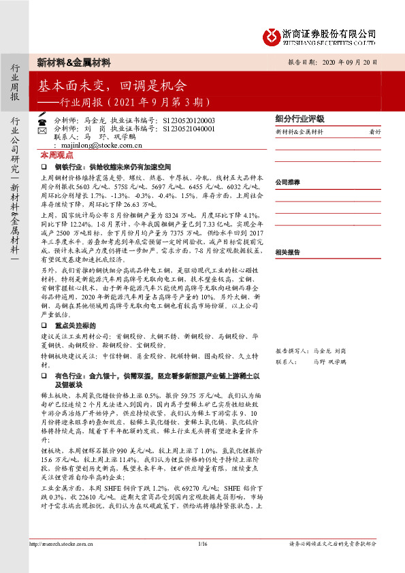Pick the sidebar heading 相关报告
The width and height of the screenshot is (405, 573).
(x=288, y=252)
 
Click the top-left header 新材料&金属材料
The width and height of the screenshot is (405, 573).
(x=74, y=63)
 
